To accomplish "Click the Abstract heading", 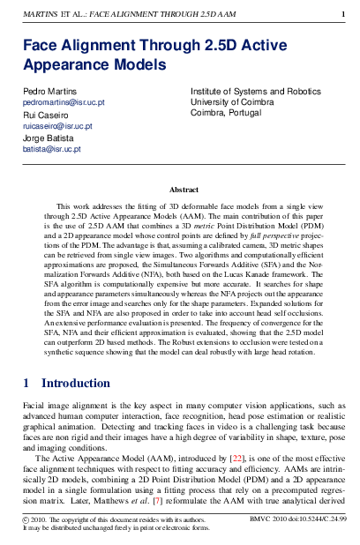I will tap(184, 189).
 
